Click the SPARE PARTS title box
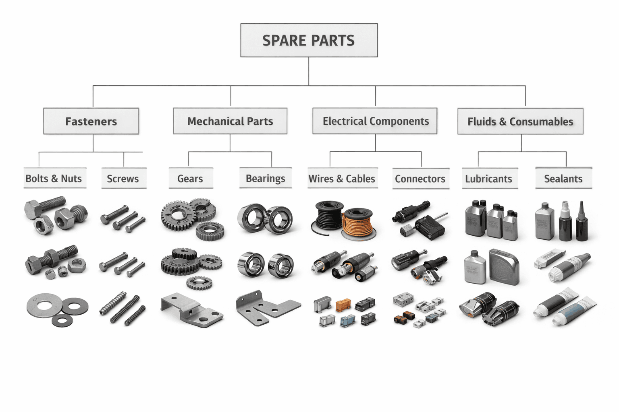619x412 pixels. click(309, 40)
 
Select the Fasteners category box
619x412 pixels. click(91, 121)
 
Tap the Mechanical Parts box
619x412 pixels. click(230, 121)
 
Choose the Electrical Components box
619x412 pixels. click(375, 121)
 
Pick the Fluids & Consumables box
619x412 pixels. click(520, 122)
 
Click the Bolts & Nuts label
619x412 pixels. click(54, 179)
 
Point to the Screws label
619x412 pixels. click(123, 179)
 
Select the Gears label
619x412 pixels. click(190, 179)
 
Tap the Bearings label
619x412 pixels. click(265, 178)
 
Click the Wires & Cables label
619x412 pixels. click(342, 179)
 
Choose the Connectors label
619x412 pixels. click(420, 179)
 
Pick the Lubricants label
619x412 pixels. click(488, 179)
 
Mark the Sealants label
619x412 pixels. click(563, 179)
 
